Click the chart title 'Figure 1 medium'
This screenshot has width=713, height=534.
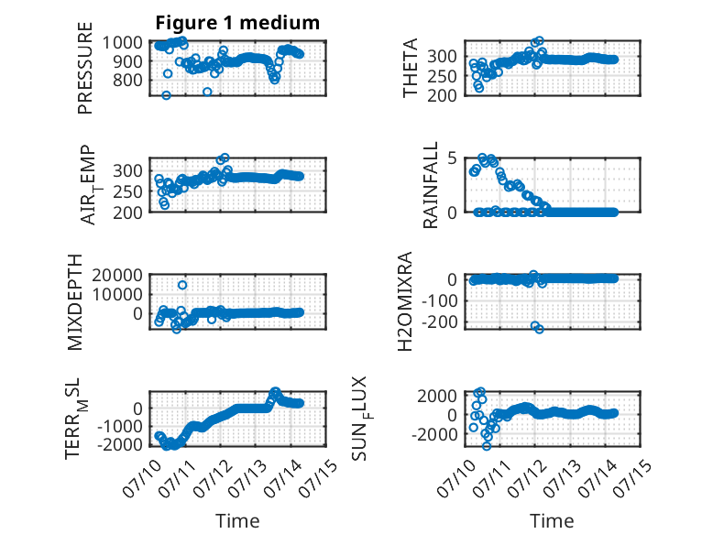pos(237,23)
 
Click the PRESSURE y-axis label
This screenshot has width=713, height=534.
pos(85,68)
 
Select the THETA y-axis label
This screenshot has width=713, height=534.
pos(411,68)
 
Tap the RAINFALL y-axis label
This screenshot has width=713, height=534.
pos(430,185)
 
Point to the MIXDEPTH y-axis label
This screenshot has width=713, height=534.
pos(74,302)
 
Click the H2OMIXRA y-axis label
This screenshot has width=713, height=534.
pos(405,301)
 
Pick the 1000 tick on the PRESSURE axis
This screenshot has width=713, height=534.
pos(122,42)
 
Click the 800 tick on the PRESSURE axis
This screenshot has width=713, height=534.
pos(127,80)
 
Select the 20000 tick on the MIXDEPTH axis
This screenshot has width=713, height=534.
pos(117,275)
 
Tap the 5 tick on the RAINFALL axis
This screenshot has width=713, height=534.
pos(452,158)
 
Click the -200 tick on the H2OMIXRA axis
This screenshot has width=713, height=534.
pos(440,321)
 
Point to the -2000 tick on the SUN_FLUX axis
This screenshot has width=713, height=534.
pos(434,434)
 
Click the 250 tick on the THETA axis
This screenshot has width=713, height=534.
pos(443,76)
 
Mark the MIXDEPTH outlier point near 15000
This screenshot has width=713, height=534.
pos(181,285)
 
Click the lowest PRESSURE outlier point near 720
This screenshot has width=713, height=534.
pos(167,95)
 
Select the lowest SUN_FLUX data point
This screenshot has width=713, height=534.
pos(487,446)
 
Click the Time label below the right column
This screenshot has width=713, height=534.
pos(552,521)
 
